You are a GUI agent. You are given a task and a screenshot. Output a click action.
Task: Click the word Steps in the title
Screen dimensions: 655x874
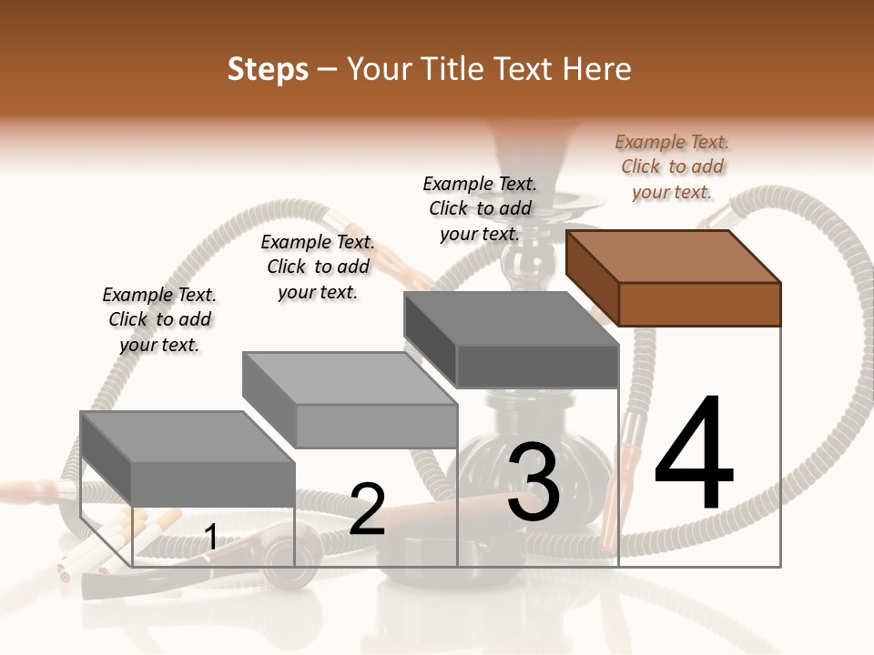point(268,69)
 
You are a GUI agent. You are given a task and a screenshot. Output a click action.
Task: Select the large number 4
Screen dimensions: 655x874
point(694,455)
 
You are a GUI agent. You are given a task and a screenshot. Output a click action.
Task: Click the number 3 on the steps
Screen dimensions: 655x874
point(534,482)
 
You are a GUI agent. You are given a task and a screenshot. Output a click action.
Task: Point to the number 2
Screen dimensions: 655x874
point(367,509)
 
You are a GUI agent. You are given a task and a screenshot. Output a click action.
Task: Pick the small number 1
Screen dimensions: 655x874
point(210,538)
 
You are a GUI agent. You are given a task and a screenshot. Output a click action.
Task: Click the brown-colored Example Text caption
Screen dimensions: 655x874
point(672,166)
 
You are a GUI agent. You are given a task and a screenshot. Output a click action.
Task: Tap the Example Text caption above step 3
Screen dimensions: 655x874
point(480,208)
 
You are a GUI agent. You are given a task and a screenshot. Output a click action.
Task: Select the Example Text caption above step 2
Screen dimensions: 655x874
point(318,267)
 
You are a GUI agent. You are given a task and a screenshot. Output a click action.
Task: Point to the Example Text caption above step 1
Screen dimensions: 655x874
point(159,319)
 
